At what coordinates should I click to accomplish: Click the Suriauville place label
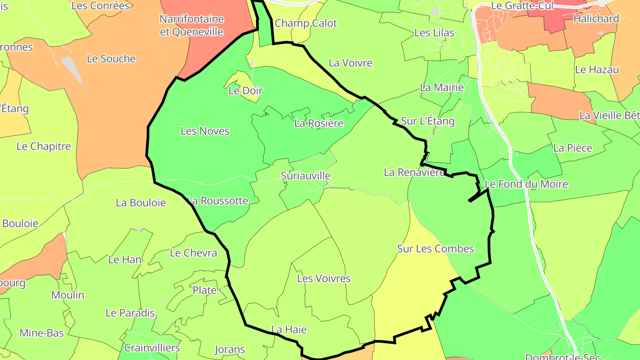tap(306, 176)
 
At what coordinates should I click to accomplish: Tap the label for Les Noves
tap(205, 131)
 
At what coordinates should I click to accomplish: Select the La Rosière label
tap(319, 123)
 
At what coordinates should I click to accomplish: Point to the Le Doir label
tap(245, 91)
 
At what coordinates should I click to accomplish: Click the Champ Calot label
tap(306, 23)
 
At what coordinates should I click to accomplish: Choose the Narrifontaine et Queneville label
tap(192, 25)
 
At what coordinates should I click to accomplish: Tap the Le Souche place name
tap(111, 59)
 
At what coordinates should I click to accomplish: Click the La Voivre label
tap(350, 63)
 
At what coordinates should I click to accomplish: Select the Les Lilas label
tap(434, 32)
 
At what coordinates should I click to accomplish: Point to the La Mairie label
tap(442, 88)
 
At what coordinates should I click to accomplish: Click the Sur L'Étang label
tap(428, 121)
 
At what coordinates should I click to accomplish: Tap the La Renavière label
tap(414, 172)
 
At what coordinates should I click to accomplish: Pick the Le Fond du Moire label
tap(526, 184)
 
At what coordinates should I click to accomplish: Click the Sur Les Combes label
tap(436, 248)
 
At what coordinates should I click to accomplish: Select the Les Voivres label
tap(324, 279)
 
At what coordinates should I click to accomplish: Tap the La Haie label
tap(289, 330)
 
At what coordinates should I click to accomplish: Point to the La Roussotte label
tap(217, 200)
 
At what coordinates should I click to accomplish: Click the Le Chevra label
tap(193, 253)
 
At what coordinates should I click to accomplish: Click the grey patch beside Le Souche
tap(72, 68)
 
